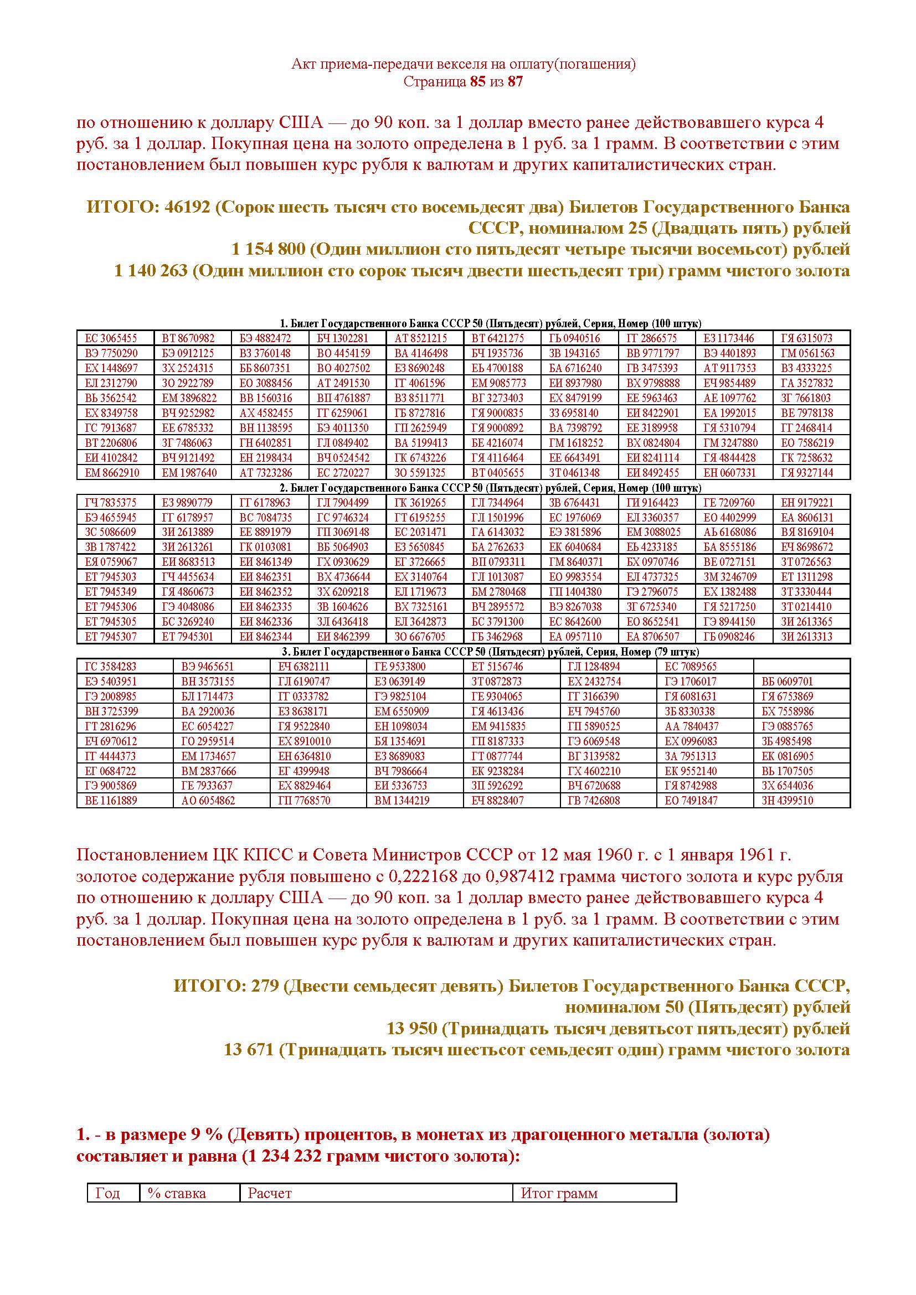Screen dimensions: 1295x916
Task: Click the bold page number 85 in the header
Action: click(477, 82)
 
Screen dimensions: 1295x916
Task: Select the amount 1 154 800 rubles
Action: click(269, 249)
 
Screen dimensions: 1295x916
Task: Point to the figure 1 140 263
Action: click(151, 271)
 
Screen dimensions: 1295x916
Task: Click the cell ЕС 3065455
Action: click(111, 338)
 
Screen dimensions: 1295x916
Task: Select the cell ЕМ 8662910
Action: click(112, 473)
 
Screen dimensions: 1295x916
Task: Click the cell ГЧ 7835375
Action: click(111, 503)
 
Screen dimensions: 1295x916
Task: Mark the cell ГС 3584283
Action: click(111, 666)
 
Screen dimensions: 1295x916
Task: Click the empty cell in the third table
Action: click(801, 666)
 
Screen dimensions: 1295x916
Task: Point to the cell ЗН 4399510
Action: click(787, 801)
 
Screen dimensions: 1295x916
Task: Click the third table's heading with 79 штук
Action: click(462, 652)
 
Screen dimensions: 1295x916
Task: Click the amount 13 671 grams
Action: click(249, 1050)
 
